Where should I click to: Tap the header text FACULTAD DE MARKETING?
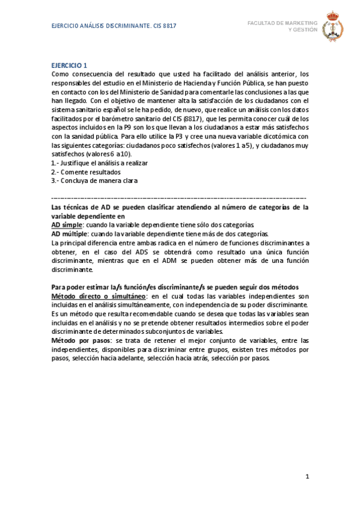tap(282, 23)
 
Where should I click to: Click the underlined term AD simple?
tap(68, 225)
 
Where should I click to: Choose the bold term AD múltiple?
tap(70, 234)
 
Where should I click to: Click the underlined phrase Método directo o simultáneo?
tap(99, 296)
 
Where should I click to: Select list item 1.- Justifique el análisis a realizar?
tap(100, 163)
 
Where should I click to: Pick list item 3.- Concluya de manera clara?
tap(94, 180)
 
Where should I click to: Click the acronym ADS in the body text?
tap(136, 252)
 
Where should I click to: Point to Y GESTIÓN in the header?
tap(303, 29)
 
